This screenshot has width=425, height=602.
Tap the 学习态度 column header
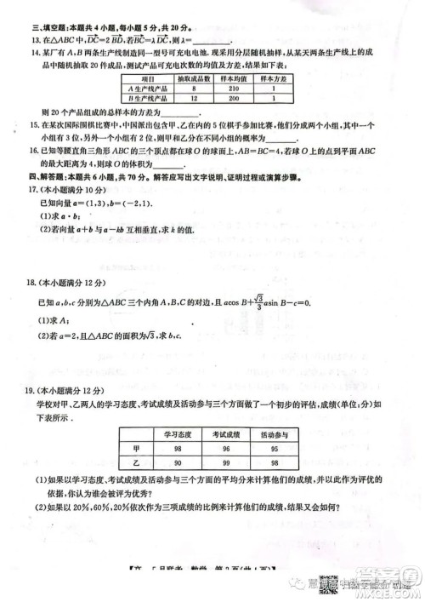pos(178,434)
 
